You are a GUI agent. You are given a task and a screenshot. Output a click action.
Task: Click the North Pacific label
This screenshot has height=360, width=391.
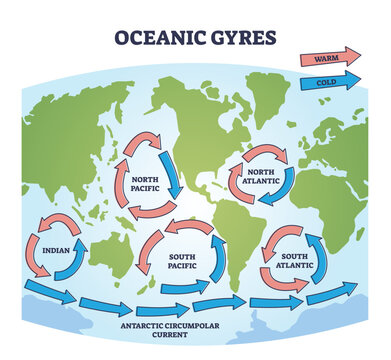pyautogui.click(x=148, y=182)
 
